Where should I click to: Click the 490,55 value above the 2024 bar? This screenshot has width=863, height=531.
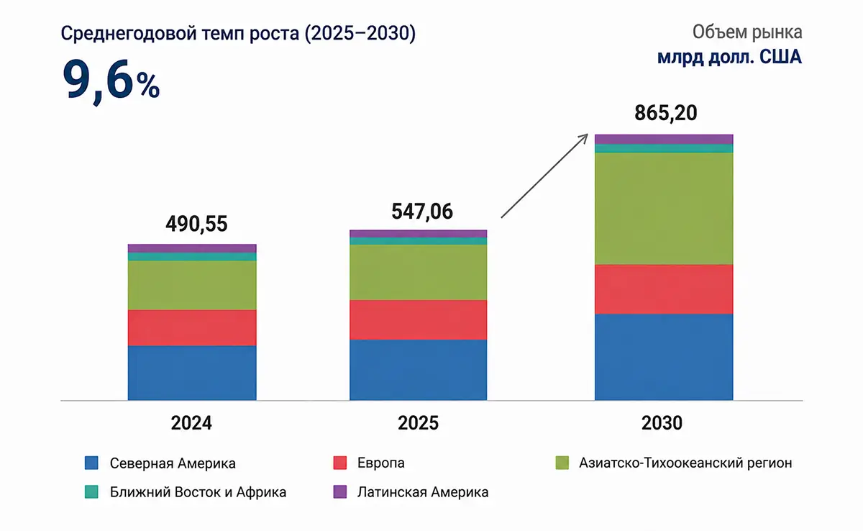tap(196, 224)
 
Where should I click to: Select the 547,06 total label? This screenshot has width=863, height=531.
tap(422, 212)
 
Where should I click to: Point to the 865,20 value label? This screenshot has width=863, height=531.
tap(666, 113)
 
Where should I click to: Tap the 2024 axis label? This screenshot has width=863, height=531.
tap(191, 423)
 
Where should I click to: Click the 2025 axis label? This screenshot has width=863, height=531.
tap(418, 423)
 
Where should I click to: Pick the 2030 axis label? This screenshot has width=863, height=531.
tap(662, 423)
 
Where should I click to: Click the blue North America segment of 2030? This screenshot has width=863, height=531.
tap(664, 357)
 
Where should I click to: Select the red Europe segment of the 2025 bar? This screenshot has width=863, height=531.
tap(418, 320)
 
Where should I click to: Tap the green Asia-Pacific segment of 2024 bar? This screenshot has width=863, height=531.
tap(192, 285)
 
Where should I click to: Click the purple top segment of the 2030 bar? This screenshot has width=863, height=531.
tap(664, 139)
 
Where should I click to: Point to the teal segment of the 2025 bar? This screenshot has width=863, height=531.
tap(418, 241)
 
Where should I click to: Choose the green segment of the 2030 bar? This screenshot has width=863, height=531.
tap(664, 209)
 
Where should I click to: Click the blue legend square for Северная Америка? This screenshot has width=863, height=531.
tap(91, 463)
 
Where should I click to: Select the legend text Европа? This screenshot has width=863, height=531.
tap(380, 463)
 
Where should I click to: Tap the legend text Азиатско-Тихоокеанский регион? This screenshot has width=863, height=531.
tap(685, 463)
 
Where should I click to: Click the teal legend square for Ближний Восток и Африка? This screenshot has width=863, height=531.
tap(91, 491)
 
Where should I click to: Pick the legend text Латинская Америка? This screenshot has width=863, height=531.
tap(423, 492)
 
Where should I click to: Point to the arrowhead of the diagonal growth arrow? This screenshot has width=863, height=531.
tap(585, 136)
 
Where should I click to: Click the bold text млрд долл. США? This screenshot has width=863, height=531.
tap(729, 58)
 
